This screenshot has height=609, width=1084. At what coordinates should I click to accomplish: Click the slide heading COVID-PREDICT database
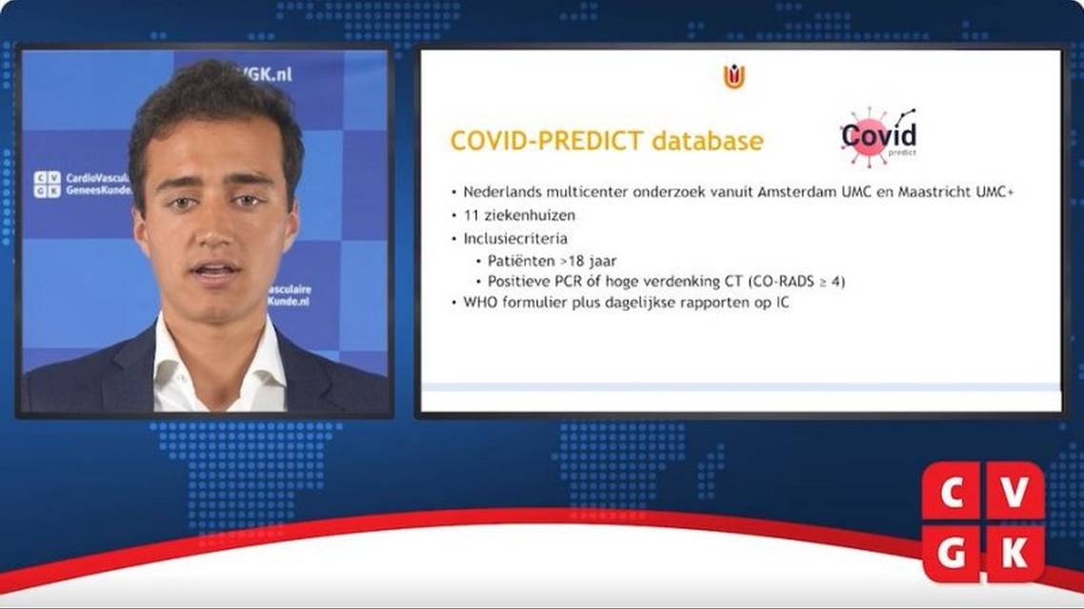(x=606, y=141)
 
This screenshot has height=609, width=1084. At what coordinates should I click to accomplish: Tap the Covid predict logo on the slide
(x=878, y=137)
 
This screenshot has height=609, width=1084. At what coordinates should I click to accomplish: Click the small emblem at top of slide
(x=733, y=77)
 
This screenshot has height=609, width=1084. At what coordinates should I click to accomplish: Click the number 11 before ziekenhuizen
(x=472, y=214)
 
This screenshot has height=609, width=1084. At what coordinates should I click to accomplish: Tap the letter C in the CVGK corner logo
(x=952, y=492)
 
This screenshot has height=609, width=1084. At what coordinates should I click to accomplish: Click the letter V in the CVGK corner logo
(x=1014, y=492)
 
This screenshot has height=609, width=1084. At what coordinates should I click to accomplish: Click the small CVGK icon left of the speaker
(x=47, y=184)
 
